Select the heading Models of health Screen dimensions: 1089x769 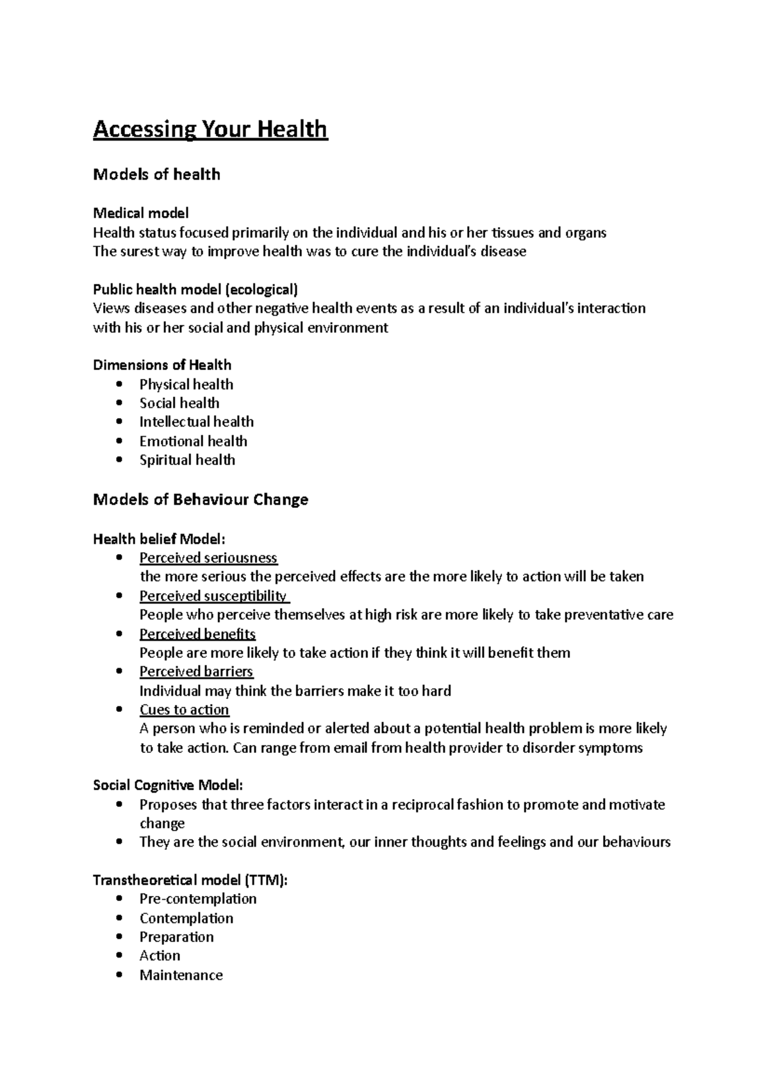156,174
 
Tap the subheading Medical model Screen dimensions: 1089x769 141,213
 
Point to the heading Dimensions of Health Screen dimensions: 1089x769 162,365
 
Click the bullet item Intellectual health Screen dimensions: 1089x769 196,422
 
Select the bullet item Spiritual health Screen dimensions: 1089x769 187,460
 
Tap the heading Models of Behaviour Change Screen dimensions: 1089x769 201,500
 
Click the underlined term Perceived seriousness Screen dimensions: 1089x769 208,558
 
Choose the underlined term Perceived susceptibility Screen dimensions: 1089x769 213,596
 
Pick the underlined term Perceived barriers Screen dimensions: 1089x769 196,671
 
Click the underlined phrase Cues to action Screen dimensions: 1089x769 184,710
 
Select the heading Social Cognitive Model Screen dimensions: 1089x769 168,785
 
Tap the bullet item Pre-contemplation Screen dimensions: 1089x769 198,899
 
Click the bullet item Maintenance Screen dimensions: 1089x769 181,975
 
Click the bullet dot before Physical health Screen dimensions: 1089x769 119,384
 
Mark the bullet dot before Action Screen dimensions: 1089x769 119,956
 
